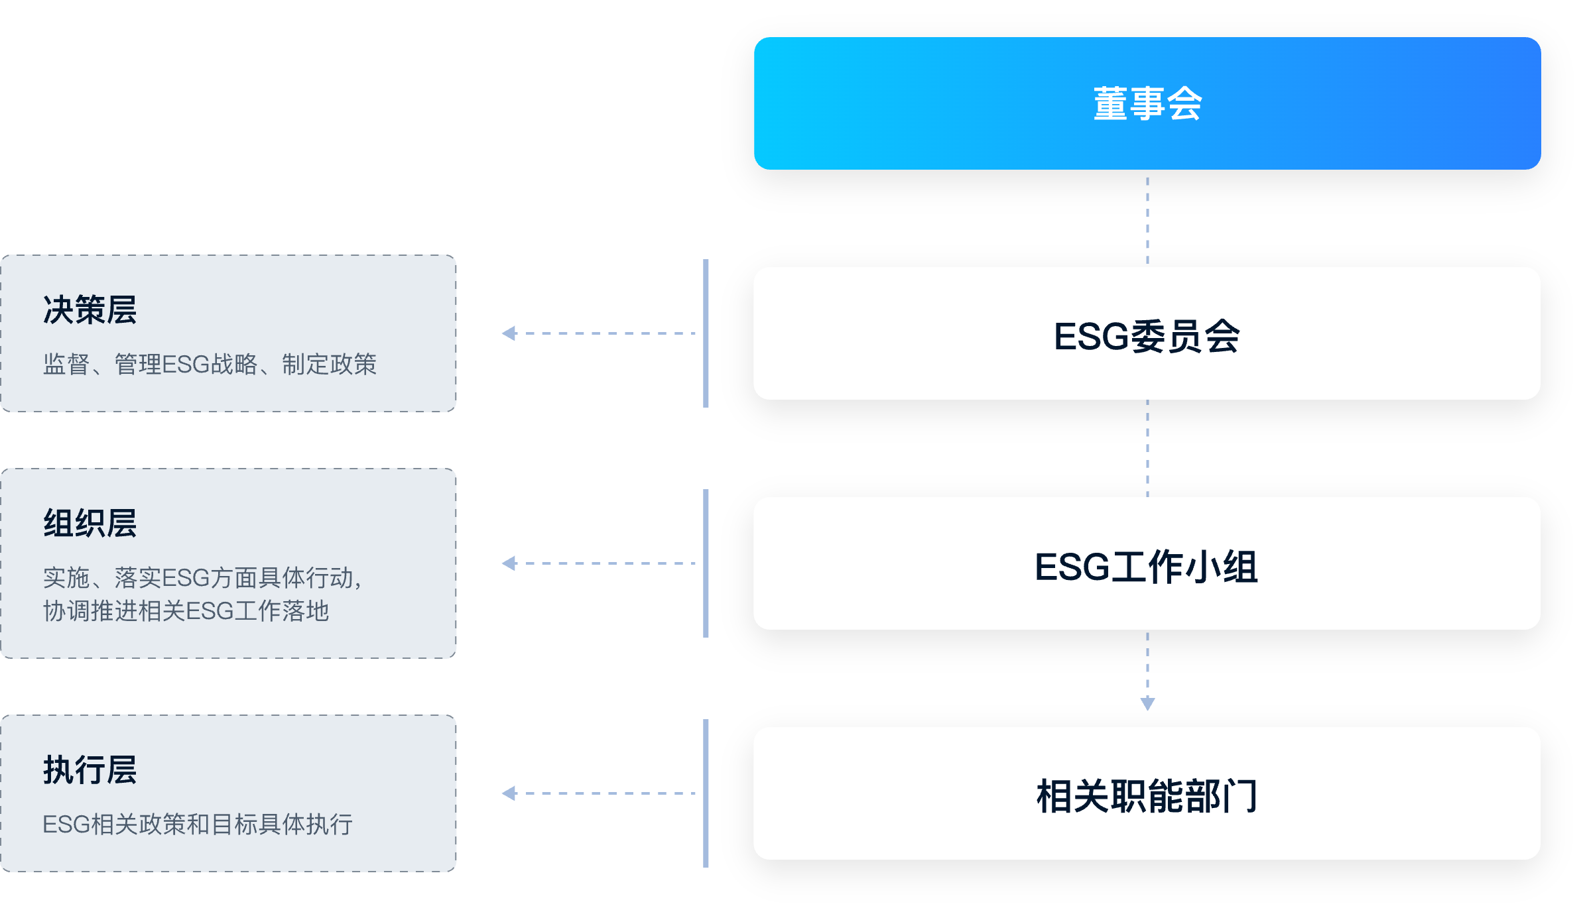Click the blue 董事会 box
pos(1147,103)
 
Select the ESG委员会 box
pos(1147,333)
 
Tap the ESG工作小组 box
pos(1147,563)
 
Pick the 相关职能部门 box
pos(1147,793)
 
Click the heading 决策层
pos(90,310)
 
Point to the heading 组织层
pos(90,523)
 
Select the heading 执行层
pos(90,770)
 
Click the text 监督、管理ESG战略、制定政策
pos(210,365)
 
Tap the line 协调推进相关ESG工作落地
pos(186,611)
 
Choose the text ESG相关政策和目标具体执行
pos(198,825)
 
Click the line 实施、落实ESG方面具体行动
pos(202,578)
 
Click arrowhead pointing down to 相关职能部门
pos(1147,704)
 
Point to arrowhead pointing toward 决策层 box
pos(509,333)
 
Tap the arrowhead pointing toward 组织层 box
pos(509,563)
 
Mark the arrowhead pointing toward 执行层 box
pos(509,793)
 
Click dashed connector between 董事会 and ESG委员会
pos(1147,219)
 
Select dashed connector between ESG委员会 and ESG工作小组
pos(1147,449)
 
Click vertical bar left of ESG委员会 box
pos(706,333)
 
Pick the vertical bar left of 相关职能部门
pos(706,793)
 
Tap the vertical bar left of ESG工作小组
pos(706,563)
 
